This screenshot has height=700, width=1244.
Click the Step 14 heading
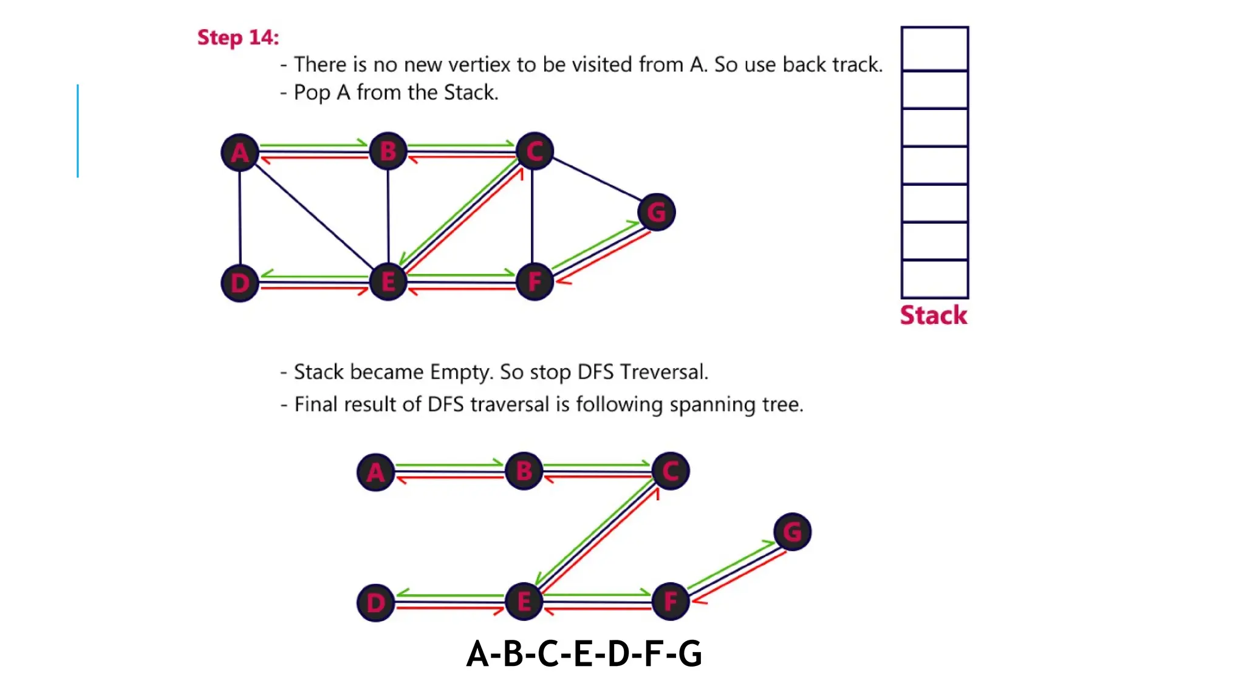[238, 38]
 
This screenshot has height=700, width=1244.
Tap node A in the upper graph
[240, 152]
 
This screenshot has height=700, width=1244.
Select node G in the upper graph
[657, 212]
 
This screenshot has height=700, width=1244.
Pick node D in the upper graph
[240, 283]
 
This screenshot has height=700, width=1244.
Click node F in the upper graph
[535, 282]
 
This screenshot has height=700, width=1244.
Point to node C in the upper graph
[535, 151]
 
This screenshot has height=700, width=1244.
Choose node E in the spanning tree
[524, 602]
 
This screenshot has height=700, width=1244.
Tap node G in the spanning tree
[793, 532]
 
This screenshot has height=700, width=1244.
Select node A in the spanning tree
[375, 472]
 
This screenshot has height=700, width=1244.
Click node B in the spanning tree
[524, 471]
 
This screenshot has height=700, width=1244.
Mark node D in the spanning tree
[375, 603]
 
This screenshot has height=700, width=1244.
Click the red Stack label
[934, 315]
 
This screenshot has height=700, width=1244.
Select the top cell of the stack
[935, 49]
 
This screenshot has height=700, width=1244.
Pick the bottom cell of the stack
[935, 279]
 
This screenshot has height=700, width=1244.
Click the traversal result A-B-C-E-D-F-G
[584, 654]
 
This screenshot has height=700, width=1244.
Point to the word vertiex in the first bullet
[480, 64]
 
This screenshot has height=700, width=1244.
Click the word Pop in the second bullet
[312, 92]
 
